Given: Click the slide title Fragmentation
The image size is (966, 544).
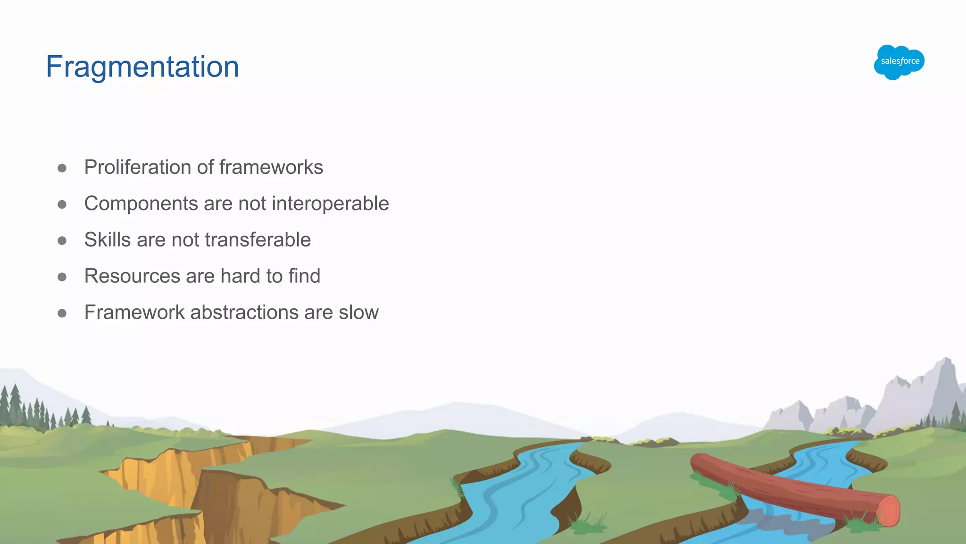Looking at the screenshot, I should [x=142, y=67].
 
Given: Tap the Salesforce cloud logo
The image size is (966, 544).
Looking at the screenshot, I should [x=899, y=62].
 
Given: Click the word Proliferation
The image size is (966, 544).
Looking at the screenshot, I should [x=138, y=167].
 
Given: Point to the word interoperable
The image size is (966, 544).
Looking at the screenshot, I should [x=330, y=204].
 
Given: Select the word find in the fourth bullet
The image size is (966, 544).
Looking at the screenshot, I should [x=304, y=276].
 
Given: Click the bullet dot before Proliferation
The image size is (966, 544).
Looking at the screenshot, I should [x=62, y=168].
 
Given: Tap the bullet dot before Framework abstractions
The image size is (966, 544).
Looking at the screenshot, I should [x=62, y=314].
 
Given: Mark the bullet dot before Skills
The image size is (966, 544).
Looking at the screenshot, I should [x=62, y=241].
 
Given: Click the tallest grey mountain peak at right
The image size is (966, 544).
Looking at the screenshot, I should [x=945, y=364].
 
